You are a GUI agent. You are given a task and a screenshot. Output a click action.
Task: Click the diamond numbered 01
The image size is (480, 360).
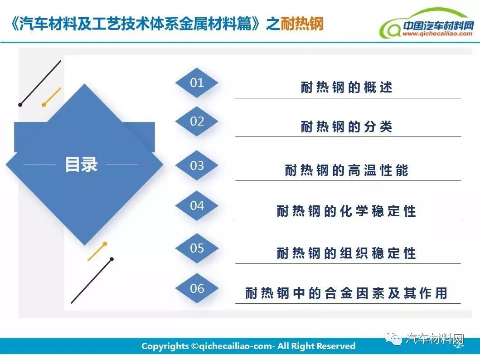(197, 83)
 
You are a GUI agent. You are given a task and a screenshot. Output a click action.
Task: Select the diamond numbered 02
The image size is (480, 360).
(197, 122)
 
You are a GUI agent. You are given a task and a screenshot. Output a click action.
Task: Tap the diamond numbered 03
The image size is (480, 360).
(197, 165)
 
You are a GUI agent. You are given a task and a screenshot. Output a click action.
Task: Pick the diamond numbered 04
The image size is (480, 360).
(197, 205)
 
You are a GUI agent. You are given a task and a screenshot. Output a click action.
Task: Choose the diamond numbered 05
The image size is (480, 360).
(197, 248)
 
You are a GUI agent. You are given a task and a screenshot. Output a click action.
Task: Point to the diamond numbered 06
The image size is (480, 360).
(197, 288)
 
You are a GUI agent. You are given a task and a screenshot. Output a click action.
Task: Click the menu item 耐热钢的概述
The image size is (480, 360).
(346, 87)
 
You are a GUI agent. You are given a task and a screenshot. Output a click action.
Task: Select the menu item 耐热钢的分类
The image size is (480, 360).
(346, 126)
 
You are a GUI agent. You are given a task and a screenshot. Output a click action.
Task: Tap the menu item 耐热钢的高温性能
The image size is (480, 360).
(346, 170)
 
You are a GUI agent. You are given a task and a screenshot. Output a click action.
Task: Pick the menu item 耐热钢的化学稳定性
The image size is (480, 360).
(346, 211)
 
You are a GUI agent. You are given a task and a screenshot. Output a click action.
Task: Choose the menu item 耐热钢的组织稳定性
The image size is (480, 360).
(346, 253)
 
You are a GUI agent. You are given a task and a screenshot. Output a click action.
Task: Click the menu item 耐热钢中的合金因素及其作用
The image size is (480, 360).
(346, 293)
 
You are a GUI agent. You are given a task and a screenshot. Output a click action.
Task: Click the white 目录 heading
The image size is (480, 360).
(81, 165)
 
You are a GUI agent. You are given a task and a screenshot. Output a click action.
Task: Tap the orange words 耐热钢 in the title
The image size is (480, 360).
(302, 24)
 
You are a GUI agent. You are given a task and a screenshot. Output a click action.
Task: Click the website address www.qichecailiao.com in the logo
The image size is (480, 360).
(437, 34)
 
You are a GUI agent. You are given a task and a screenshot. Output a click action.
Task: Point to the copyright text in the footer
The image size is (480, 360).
(248, 346)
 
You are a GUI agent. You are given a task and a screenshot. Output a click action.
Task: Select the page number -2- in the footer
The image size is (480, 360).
(458, 346)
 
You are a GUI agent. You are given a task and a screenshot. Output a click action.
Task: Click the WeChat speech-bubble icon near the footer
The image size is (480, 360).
(394, 339)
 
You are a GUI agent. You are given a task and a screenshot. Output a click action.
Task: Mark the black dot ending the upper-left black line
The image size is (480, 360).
(20, 105)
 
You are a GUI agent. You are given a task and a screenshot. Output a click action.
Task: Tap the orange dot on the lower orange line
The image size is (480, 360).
(105, 244)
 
